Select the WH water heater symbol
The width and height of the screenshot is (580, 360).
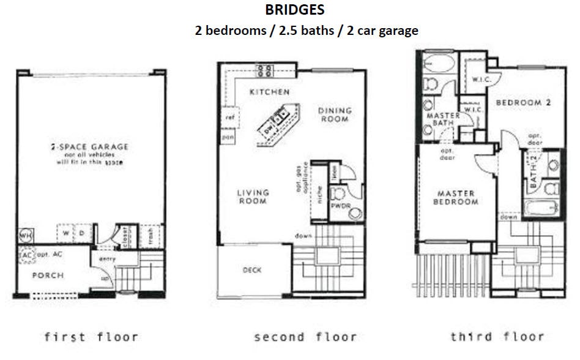click(x=26, y=235)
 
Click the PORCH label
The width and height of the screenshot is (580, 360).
click(x=48, y=275)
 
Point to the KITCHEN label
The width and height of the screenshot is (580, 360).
click(x=269, y=92)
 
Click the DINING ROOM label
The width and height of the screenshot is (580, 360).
click(x=335, y=114)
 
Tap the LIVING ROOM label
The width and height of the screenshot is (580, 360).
click(x=253, y=197)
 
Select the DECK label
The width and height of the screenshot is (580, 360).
click(x=252, y=269)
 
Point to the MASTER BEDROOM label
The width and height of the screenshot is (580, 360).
click(x=456, y=197)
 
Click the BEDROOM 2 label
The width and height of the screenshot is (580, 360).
click(x=523, y=103)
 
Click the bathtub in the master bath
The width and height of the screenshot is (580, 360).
click(x=437, y=63)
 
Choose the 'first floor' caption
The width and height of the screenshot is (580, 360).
click(x=91, y=336)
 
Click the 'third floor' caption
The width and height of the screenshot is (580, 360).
click(x=497, y=336)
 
